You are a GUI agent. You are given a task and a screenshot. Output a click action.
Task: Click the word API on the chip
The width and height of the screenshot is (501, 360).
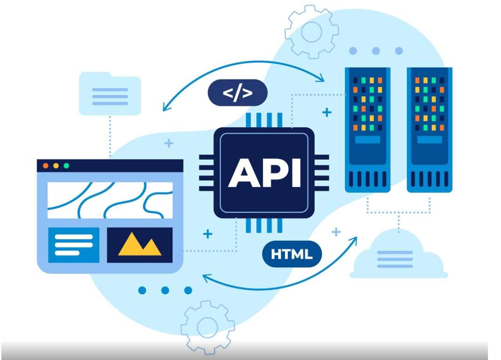click(264, 172)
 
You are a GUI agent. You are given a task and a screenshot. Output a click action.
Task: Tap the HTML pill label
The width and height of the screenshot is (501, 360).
click(292, 254)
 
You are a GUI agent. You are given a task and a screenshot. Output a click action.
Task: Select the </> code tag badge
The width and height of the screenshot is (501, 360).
click(237, 92)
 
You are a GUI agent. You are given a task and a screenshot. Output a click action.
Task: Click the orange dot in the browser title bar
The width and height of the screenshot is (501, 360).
click(46, 166)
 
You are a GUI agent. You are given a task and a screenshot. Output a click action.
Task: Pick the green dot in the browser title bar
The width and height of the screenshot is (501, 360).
click(66, 166)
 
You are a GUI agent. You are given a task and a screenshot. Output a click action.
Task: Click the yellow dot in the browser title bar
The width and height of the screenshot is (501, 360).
click(56, 166)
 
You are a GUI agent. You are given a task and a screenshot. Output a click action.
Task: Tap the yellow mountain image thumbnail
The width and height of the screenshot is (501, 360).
click(139, 245)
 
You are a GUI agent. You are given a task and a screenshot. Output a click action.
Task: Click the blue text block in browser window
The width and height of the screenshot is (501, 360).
click(74, 245)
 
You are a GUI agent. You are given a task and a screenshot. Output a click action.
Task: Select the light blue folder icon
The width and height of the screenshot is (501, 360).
click(110, 94)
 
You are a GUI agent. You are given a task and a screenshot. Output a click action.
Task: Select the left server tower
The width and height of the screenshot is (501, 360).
click(368, 129)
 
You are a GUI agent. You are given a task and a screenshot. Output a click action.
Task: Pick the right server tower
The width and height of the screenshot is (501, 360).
click(429, 129)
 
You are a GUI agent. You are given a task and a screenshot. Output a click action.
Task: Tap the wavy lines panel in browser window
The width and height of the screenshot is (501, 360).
click(110, 200)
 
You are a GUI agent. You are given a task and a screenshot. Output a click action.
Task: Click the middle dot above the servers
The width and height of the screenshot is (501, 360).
click(376, 51)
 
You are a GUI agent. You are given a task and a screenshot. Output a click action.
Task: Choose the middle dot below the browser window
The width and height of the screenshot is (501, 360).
click(165, 290)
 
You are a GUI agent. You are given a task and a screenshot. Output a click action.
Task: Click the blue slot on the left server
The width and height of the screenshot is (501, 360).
click(368, 139)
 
